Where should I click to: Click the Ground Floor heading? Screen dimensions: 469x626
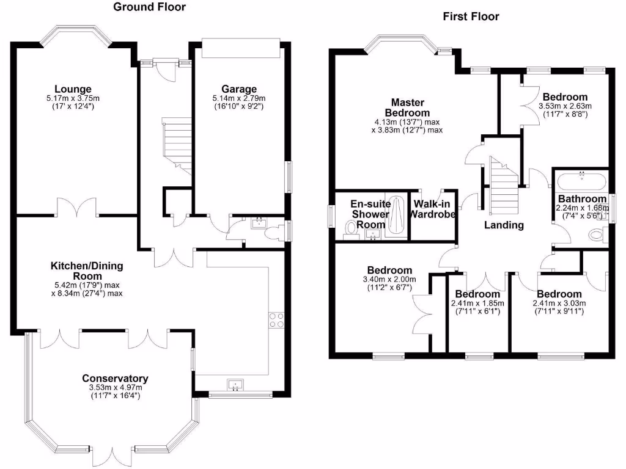click(x=150, y=7)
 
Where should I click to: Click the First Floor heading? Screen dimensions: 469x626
click(x=471, y=16)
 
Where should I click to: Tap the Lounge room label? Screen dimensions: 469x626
click(x=72, y=89)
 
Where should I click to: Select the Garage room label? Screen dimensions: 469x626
click(x=239, y=89)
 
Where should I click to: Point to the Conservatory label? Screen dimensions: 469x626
click(x=115, y=378)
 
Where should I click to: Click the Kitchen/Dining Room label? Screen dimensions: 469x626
click(x=87, y=271)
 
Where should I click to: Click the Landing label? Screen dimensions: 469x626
click(x=504, y=225)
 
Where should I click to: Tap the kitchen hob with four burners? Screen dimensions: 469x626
click(x=276, y=320)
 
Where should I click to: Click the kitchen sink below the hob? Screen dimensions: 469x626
click(x=235, y=384)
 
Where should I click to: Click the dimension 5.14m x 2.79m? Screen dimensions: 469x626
click(x=239, y=98)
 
